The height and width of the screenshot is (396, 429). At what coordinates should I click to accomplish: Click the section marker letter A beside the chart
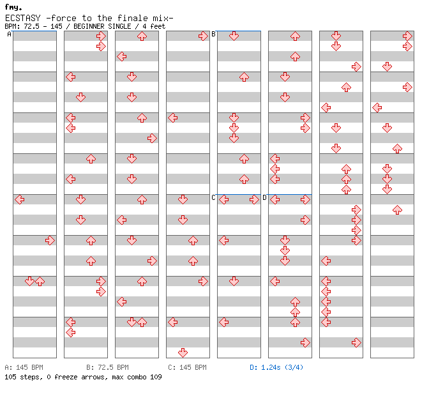coord(9,34)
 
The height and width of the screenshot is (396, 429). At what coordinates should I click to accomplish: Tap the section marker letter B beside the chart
coord(213,34)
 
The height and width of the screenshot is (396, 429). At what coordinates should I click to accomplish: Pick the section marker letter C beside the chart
coord(213,198)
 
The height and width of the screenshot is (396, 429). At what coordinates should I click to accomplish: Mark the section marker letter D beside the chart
coord(264,198)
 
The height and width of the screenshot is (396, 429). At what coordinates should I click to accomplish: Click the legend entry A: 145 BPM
coord(24,368)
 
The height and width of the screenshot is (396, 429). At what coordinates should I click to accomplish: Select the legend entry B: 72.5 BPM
coord(107,368)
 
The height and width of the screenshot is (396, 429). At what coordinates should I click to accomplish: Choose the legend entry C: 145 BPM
coord(187,368)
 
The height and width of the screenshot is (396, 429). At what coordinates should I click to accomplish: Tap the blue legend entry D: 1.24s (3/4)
coord(276,368)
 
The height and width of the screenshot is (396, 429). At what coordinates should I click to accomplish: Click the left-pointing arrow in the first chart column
coord(19,199)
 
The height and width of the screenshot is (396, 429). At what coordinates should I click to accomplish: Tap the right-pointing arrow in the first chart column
coord(50,240)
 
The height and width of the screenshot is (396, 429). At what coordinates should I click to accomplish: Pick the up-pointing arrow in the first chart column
coord(40,281)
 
